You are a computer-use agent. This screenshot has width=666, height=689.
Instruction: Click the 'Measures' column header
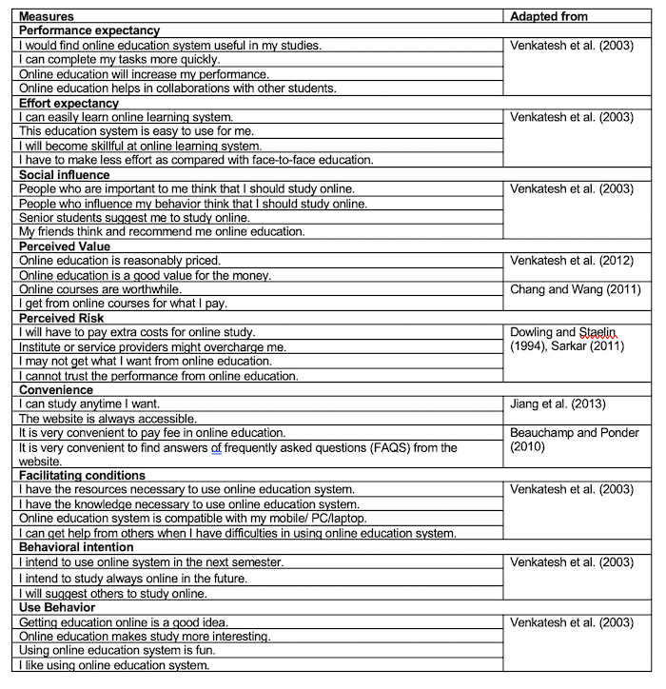47,16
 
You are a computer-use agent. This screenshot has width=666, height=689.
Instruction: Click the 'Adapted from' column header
549,16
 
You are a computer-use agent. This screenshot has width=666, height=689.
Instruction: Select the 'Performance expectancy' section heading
89,30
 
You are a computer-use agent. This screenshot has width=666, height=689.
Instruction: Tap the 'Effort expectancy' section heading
69,103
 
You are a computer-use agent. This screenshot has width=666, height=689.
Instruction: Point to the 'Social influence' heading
65,174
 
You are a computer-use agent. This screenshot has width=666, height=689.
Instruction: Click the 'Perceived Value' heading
65,246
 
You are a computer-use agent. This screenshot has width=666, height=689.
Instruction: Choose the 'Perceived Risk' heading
62,318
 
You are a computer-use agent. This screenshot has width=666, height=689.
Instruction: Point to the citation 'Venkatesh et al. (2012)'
572,261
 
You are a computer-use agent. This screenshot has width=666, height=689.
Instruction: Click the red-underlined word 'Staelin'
598,332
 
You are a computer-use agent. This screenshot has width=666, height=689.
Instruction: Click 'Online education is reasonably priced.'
120,261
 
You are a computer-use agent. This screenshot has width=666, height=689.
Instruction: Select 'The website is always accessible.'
108,419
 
